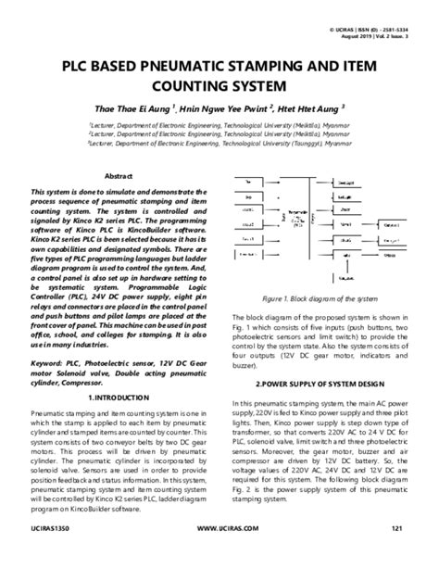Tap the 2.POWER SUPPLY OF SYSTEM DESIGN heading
[x=319, y=383]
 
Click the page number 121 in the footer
[x=399, y=554]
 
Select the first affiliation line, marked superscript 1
[x=219, y=122]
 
